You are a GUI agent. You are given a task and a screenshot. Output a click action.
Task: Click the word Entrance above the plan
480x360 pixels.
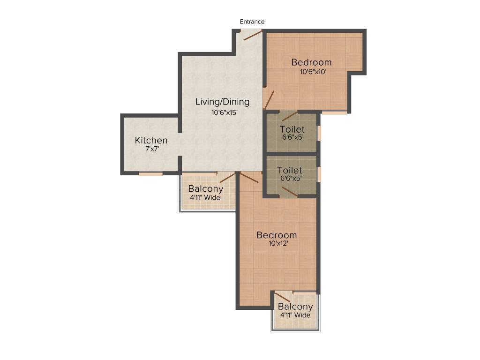tap(252, 22)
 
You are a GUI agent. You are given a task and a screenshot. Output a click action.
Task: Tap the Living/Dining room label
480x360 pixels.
tap(223, 102)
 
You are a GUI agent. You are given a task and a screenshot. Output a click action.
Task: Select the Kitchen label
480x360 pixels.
tap(151, 140)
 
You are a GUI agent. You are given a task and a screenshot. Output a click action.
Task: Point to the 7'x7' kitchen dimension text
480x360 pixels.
tap(151, 149)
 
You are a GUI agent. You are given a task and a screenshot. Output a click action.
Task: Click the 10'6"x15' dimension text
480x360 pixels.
tap(225, 112)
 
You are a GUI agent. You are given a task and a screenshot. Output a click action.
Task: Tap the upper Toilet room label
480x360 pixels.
tap(292, 129)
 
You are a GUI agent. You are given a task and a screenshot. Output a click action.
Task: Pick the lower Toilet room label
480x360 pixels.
tap(289, 171)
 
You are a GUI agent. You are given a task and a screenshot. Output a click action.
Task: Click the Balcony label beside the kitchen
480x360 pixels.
tap(206, 189)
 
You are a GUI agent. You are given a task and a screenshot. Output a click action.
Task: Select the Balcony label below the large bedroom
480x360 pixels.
tap(295, 307)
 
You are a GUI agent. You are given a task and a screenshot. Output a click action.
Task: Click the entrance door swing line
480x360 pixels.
tap(252, 35)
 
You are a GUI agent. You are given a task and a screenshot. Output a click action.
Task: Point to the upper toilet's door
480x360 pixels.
tap(289, 116)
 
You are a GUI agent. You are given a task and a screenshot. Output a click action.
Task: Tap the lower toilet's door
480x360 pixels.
tap(289, 192)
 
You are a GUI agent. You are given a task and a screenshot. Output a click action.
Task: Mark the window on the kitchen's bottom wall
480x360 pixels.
tap(150, 174)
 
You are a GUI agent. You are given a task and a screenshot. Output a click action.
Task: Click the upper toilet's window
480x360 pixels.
tap(319, 133)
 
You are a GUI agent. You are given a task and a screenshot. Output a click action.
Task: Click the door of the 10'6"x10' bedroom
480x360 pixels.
tap(269, 99)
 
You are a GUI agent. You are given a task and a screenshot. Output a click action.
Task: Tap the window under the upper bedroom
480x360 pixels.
tap(334, 112)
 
